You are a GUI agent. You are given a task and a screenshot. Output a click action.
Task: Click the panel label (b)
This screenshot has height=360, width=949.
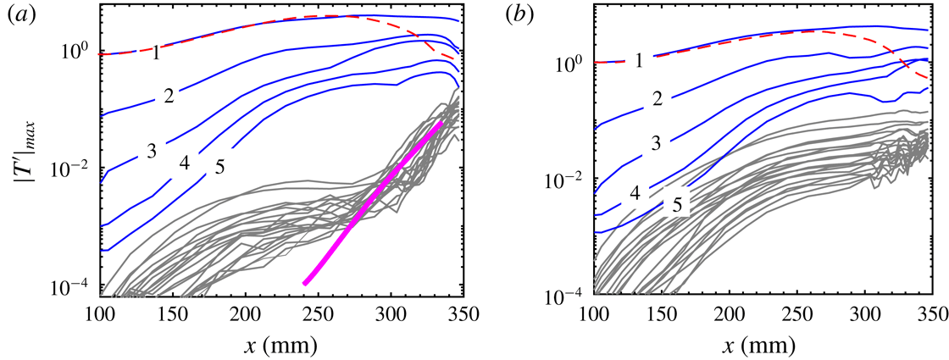click(516, 14)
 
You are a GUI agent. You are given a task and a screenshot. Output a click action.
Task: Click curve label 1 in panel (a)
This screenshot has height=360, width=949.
click(156, 53)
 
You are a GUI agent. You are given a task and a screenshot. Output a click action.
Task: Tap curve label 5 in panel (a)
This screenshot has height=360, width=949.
click(219, 168)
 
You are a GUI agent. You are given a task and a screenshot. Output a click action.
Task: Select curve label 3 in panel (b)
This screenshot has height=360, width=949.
click(655, 141)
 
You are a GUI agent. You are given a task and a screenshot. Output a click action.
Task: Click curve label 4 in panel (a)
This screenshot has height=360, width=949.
click(184, 161)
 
